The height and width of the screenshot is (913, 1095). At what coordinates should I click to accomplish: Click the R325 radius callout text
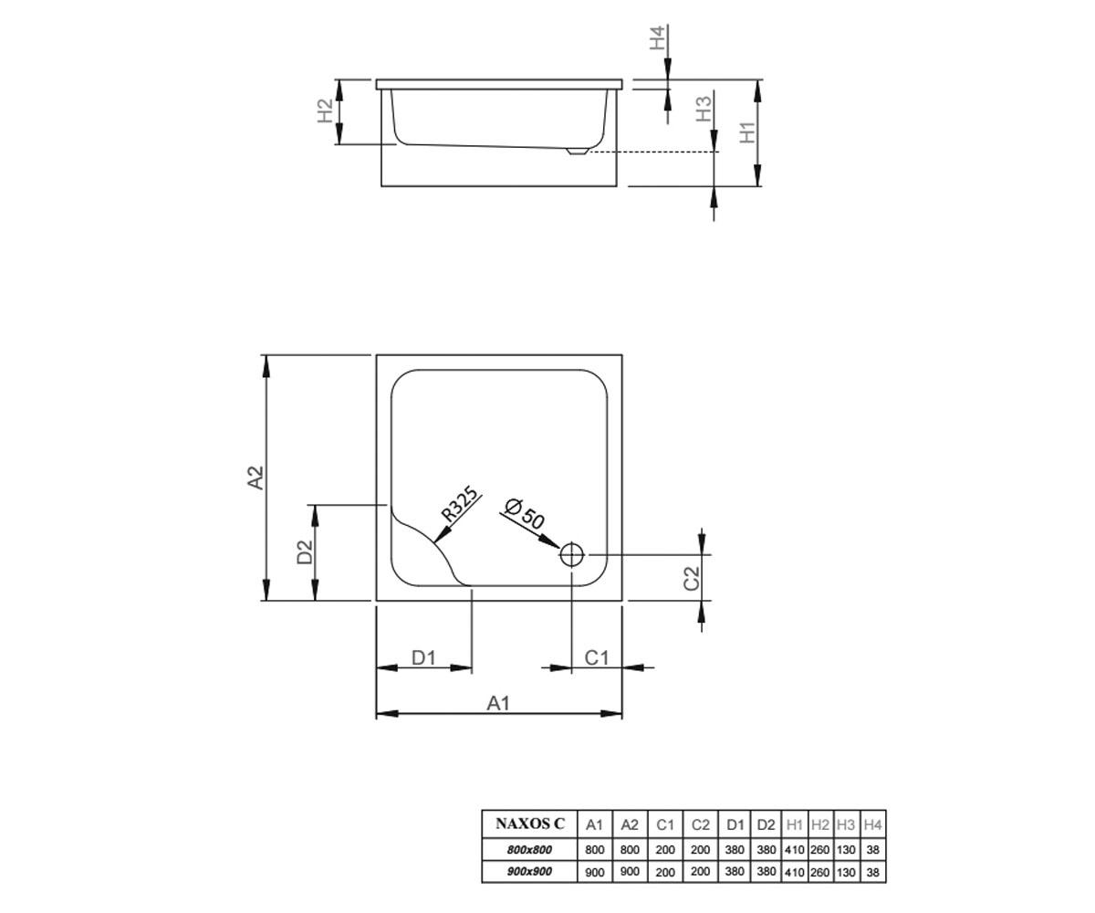point(460,504)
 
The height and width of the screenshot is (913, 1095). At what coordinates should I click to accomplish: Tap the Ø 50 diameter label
point(524,513)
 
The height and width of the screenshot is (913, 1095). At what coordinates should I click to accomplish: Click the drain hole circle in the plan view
point(571,554)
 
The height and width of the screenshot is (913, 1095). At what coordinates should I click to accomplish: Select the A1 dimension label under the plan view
point(498,703)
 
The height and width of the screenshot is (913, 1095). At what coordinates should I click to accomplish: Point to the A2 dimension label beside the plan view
point(255,477)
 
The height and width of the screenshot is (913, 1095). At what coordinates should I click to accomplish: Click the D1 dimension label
point(423,657)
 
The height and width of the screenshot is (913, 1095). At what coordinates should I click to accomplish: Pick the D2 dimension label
point(305,552)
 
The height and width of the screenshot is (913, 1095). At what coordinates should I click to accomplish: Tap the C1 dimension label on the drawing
point(596,657)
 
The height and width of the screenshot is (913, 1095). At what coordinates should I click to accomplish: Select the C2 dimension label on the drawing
point(692,578)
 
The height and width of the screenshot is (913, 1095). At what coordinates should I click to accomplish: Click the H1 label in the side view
point(747,132)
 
